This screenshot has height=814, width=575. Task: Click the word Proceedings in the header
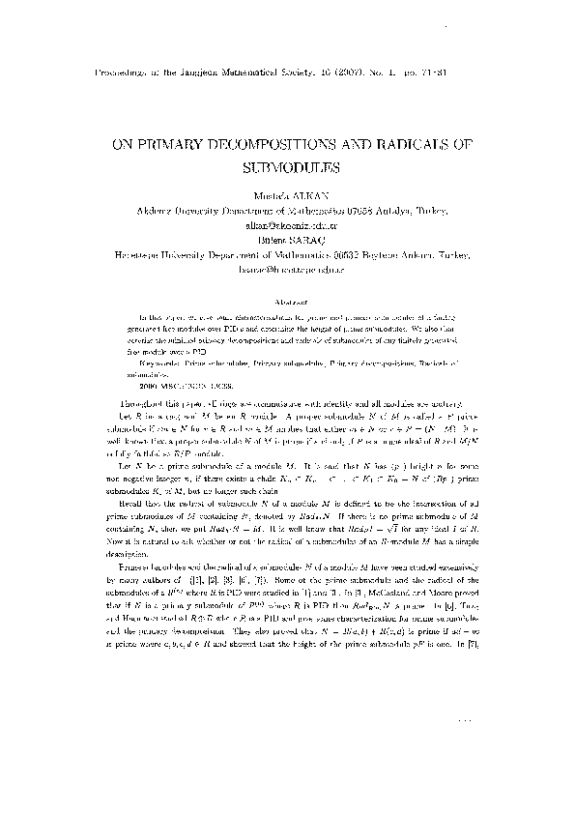click(123, 73)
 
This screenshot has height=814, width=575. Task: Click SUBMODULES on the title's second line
click(288, 166)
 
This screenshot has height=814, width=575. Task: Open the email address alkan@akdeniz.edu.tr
click(287, 220)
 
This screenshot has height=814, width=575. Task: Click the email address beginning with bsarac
click(287, 258)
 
